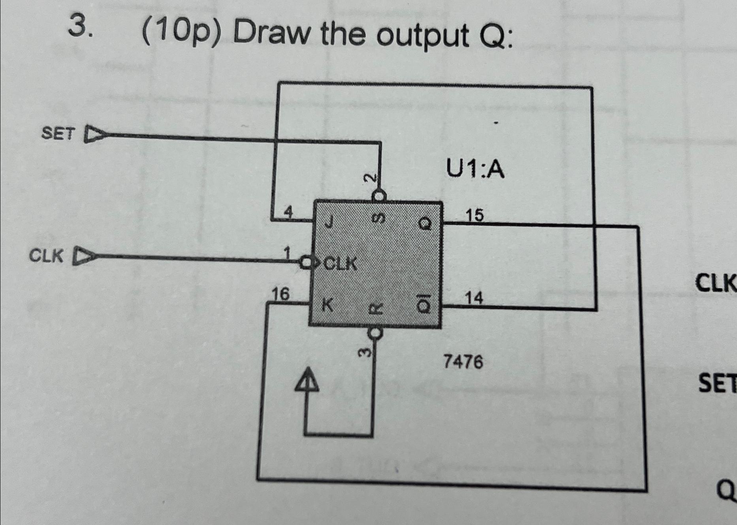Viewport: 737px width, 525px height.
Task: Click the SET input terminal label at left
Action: [x=58, y=134]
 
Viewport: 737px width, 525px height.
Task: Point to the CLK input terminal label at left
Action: [x=46, y=256]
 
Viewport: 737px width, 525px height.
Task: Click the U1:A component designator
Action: [x=475, y=170]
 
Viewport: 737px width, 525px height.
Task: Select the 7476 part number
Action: [x=463, y=361]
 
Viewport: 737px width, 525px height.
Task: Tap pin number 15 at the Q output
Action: [x=474, y=215]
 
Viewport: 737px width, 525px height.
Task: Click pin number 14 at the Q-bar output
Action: [x=474, y=298]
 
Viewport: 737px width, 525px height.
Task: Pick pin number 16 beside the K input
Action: [x=280, y=294]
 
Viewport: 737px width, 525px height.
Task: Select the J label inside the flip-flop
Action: [x=328, y=224]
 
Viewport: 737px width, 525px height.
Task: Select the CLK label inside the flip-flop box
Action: [x=341, y=263]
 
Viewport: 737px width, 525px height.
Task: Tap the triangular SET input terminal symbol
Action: [x=93, y=134]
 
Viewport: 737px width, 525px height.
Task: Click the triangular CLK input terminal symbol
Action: [x=82, y=256]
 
